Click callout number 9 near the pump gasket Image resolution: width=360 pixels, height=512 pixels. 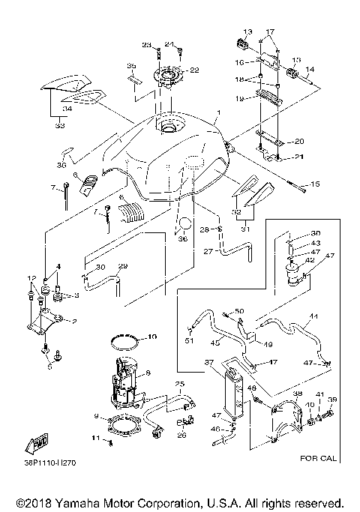[97, 415]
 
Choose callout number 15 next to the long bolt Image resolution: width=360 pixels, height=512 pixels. [315, 184]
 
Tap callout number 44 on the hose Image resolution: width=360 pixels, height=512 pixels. [314, 317]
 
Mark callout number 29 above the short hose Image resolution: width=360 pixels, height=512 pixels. [123, 266]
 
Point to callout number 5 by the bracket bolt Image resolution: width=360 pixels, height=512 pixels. [50, 367]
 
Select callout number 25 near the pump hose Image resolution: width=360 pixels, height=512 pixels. [178, 384]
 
